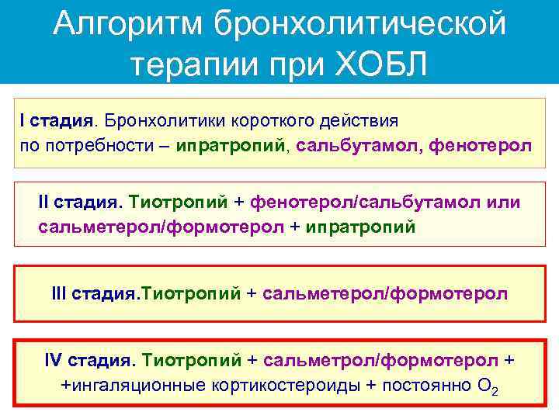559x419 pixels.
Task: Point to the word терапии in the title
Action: [184, 62]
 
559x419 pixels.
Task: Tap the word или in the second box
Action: [504, 202]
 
